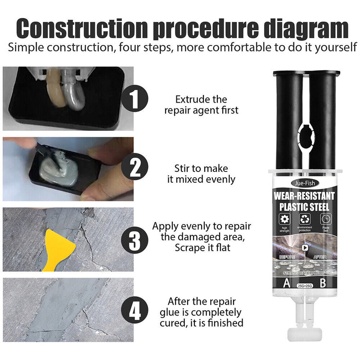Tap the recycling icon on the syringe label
[304, 220]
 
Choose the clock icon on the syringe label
[325, 220]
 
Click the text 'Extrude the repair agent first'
[201, 104]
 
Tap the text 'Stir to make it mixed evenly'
[201, 174]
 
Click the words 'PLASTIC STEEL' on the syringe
[304, 207]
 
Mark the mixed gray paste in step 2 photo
[56, 169]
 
